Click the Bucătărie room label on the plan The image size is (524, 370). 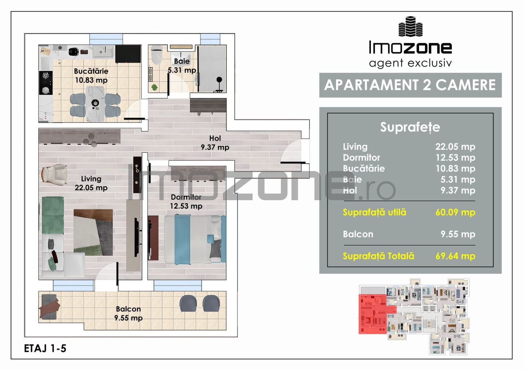click(91, 71)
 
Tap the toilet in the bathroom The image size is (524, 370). click(156, 55)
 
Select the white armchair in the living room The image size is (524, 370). click(54, 174)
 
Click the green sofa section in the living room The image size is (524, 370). click(53, 215)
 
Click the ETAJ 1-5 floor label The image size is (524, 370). click(45, 348)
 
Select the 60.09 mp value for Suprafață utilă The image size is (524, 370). click(455, 212)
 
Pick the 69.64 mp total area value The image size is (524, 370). click(455, 256)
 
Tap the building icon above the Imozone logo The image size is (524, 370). click(410, 26)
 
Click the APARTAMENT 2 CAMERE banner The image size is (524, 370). click(410, 85)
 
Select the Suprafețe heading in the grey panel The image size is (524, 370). click(410, 127)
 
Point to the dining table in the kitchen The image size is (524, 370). click(95, 104)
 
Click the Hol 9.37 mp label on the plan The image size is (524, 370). click(215, 143)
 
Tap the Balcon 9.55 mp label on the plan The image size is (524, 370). click(128, 313)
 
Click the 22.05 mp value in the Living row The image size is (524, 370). click(455, 147)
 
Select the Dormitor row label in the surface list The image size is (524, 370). click(361, 158)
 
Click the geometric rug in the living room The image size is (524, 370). click(93, 232)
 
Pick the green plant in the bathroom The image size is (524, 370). click(154, 87)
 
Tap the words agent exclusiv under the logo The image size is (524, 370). click(410, 63)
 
